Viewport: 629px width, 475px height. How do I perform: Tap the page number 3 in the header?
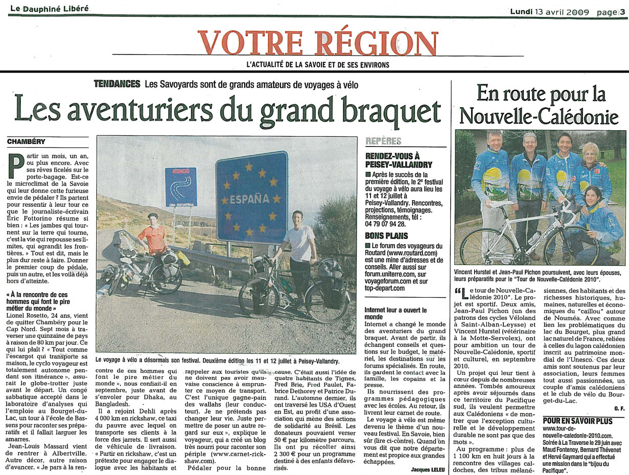[622, 12]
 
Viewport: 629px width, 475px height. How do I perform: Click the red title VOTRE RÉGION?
[317, 43]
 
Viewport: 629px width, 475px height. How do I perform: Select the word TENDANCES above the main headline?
[117, 84]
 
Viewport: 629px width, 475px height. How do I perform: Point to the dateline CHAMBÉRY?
[26, 141]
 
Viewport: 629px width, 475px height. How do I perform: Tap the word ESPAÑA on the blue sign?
[249, 198]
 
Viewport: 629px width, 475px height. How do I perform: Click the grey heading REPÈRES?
[383, 141]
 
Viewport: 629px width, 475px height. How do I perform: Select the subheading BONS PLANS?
[386, 235]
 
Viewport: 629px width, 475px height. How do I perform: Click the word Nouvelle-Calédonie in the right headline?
[538, 116]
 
